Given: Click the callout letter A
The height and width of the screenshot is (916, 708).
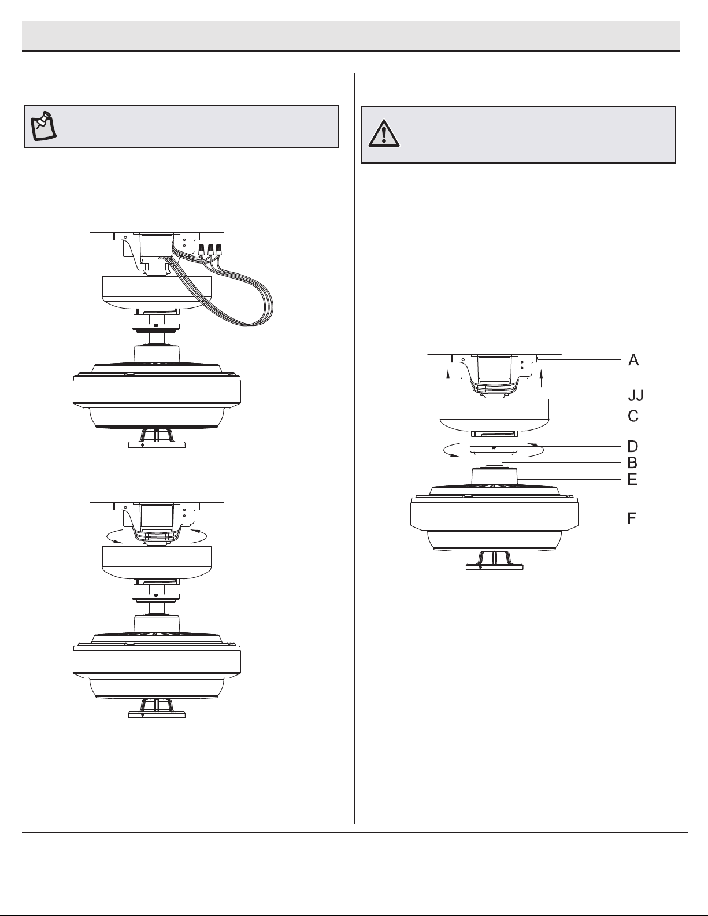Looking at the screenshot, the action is pyautogui.click(x=633, y=360).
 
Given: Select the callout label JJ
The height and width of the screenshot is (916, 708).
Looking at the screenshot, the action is pyautogui.click(x=636, y=395).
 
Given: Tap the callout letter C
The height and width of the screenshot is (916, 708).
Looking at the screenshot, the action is pyautogui.click(x=633, y=416).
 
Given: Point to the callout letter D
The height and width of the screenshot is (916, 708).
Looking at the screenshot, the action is pyautogui.click(x=633, y=446).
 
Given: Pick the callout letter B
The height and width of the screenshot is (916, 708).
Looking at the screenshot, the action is pyautogui.click(x=632, y=463).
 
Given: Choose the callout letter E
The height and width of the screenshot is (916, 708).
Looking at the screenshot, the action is pyautogui.click(x=632, y=479).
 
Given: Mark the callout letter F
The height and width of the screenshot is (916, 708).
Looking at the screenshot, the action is pyautogui.click(x=632, y=518).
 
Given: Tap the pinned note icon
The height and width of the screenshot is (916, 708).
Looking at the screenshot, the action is pyautogui.click(x=45, y=126).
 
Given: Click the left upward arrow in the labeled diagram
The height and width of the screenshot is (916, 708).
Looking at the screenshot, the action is pyautogui.click(x=448, y=379).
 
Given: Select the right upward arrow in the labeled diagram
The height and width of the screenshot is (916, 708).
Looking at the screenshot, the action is pyautogui.click(x=541, y=379).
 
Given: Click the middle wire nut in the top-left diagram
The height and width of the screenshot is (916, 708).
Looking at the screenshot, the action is pyautogui.click(x=210, y=250).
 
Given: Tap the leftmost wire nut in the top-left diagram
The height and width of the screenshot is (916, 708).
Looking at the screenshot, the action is pyautogui.click(x=202, y=250).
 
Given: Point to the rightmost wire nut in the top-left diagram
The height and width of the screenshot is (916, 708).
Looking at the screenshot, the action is pyautogui.click(x=218, y=250).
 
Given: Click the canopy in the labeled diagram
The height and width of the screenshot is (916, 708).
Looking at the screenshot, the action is pyautogui.click(x=494, y=415).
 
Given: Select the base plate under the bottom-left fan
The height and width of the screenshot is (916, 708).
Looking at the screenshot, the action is pyautogui.click(x=157, y=714).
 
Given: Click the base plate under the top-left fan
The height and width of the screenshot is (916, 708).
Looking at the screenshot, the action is pyautogui.click(x=157, y=444).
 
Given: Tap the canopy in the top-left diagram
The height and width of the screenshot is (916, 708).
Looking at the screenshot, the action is pyautogui.click(x=157, y=292).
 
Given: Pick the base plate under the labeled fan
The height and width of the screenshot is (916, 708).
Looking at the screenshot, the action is pyautogui.click(x=494, y=567).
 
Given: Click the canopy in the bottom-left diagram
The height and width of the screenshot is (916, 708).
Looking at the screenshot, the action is pyautogui.click(x=157, y=562).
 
